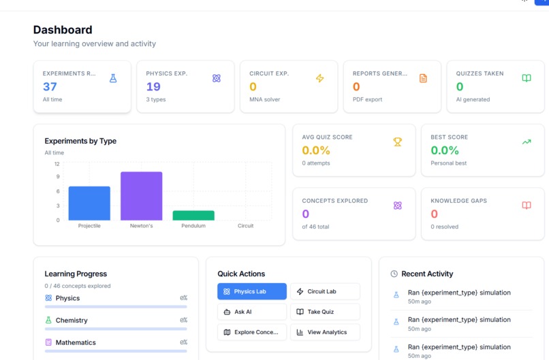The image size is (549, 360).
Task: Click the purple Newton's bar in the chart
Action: pos(142,196)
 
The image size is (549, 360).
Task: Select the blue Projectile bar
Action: pos(89,203)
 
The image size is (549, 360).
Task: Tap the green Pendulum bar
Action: pos(193,216)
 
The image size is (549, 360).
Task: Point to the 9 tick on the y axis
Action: pos(58,177)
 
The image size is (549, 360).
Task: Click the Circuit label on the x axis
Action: pos(245,226)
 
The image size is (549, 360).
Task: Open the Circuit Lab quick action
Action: pos(325,291)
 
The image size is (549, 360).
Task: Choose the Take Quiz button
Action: pos(325,312)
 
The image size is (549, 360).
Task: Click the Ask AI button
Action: pos(252,312)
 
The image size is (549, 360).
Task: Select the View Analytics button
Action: pos(325,332)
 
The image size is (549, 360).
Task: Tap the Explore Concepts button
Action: pos(252,332)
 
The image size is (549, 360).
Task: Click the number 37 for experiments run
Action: pos(50,86)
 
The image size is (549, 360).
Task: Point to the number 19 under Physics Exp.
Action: pos(153,86)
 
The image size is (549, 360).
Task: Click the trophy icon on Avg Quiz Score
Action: pos(397,142)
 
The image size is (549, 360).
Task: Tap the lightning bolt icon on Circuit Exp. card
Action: pos(319,78)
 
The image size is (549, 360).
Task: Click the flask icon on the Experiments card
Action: pos(113,78)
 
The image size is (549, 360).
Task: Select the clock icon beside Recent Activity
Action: pos(394,274)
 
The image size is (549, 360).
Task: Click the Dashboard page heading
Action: pos(63,30)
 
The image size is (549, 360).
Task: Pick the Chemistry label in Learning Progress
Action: pos(72,320)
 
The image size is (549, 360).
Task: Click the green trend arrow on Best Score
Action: pos(527,142)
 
